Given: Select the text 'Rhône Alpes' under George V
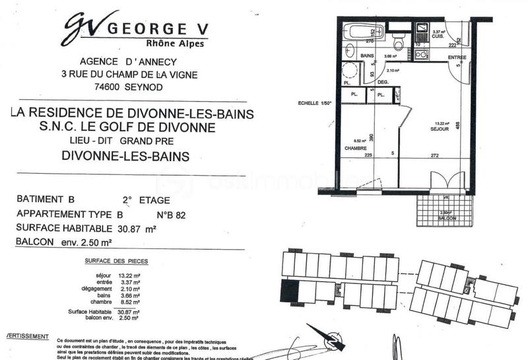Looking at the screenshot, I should pyautogui.click(x=170, y=44).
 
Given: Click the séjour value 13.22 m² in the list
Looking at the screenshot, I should pyautogui.click(x=129, y=275).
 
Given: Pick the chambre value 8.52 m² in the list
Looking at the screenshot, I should pyautogui.click(x=129, y=302).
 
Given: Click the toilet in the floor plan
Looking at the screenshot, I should pyautogui.click(x=396, y=42).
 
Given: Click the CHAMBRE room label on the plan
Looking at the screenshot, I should pyautogui.click(x=356, y=149).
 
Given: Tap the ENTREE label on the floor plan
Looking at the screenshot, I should pyautogui.click(x=457, y=58).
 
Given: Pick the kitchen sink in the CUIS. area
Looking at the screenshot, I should pyautogui.click(x=420, y=30).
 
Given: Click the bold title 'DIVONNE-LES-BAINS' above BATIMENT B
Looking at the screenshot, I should pyautogui.click(x=125, y=157).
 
